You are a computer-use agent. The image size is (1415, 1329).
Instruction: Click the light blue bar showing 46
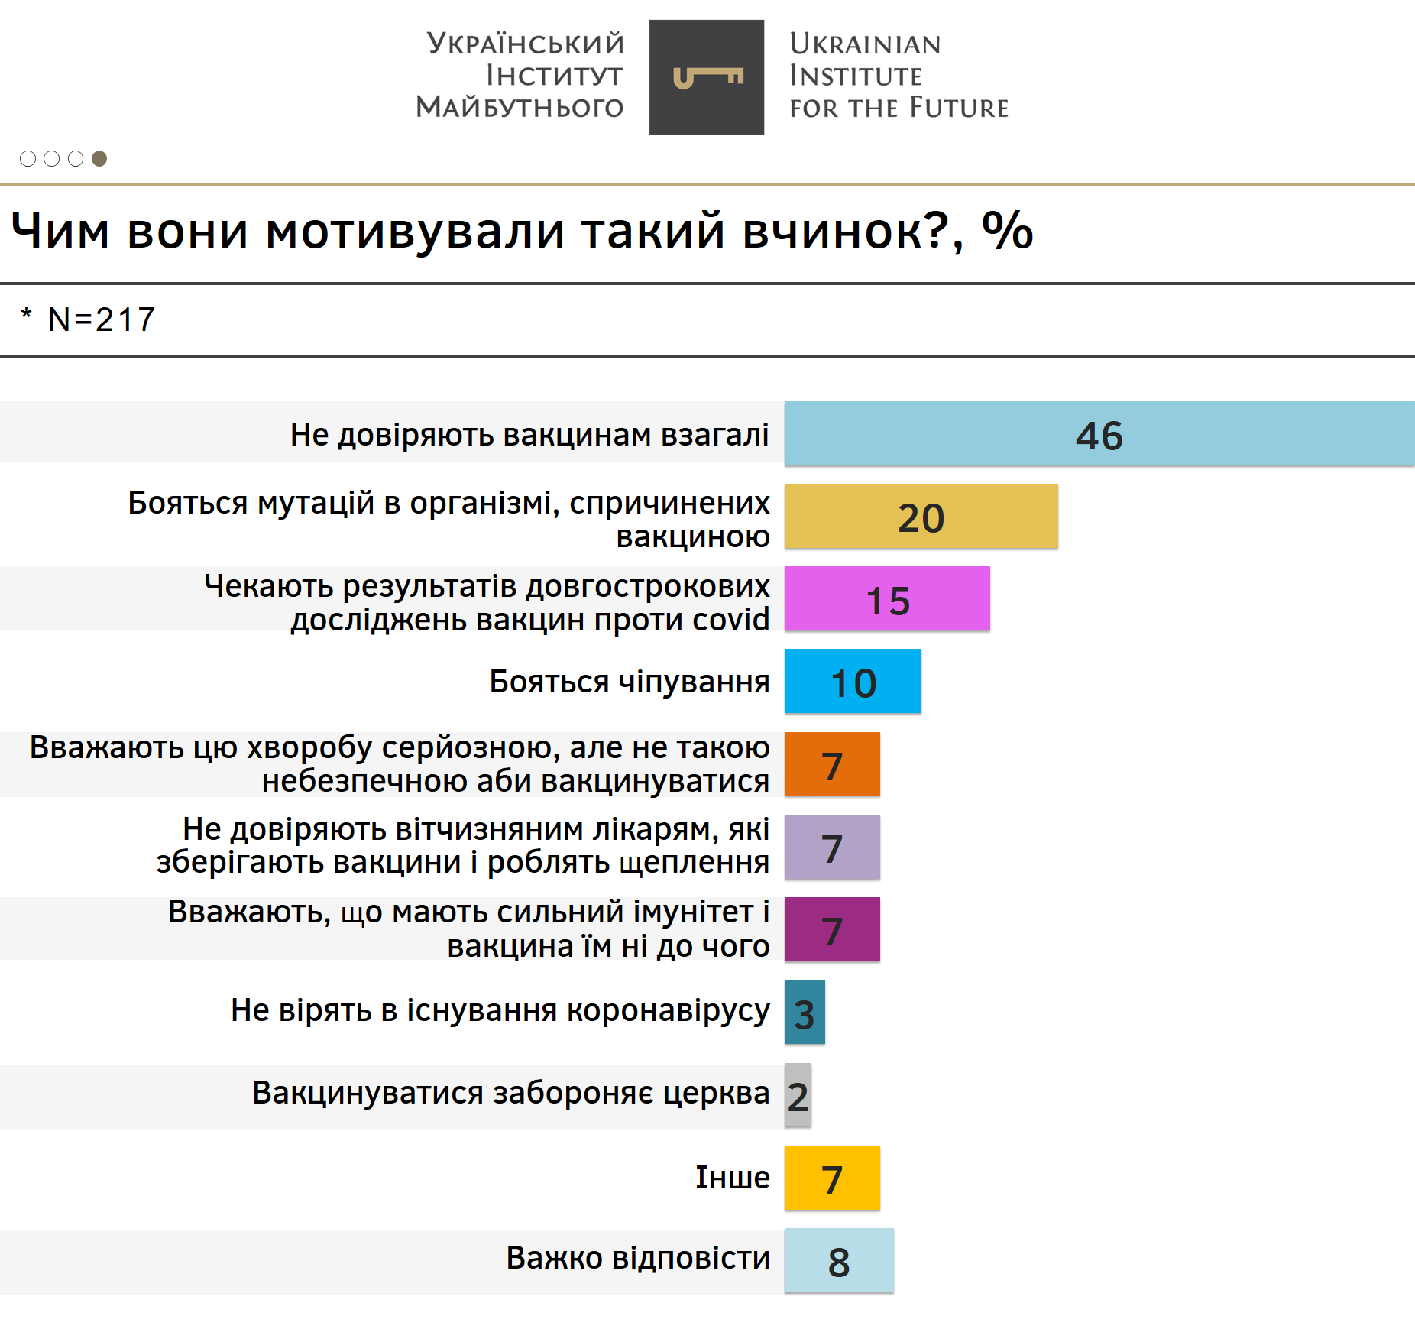[1099, 433]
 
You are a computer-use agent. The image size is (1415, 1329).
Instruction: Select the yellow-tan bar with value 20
[921, 516]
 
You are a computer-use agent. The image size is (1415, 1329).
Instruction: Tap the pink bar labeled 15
[887, 598]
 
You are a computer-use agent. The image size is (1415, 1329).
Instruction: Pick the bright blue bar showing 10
[853, 681]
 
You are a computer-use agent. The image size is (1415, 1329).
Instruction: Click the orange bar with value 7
[832, 763]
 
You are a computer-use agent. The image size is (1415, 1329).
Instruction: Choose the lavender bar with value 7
[832, 847]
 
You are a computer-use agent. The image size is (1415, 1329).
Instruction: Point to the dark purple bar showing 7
[832, 929]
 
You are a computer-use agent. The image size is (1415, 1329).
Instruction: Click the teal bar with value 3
[805, 1012]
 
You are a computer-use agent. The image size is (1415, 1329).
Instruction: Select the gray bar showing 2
[798, 1095]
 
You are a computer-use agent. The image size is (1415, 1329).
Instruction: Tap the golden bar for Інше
[832, 1178]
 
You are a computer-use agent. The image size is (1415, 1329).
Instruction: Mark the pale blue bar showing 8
[839, 1260]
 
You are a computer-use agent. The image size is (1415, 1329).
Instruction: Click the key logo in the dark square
[707, 77]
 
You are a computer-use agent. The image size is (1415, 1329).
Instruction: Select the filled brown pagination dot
[99, 158]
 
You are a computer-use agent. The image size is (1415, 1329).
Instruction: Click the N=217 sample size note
[101, 319]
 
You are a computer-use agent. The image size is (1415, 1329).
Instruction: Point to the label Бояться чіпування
[629, 681]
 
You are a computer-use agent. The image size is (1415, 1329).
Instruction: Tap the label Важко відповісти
[638, 1258]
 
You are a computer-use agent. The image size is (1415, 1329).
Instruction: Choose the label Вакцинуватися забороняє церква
[510, 1093]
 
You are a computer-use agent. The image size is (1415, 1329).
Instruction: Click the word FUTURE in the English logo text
[960, 108]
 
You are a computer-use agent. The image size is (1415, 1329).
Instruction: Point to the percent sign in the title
[1007, 230]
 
